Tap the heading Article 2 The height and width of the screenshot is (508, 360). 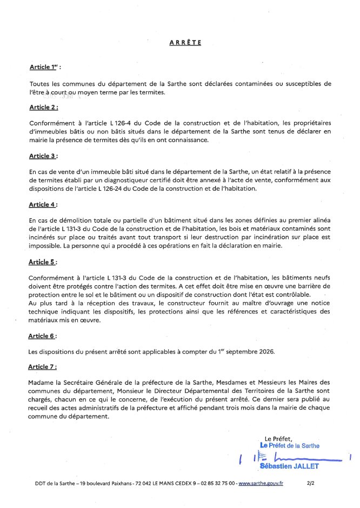tap(43, 108)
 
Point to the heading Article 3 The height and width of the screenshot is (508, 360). tap(43, 156)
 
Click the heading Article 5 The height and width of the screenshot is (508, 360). tap(43, 262)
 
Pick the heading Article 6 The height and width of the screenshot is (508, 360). tap(43, 336)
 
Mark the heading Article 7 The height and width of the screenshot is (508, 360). tap(43, 367)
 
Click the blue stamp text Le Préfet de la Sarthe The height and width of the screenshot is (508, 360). tap(290, 446)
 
